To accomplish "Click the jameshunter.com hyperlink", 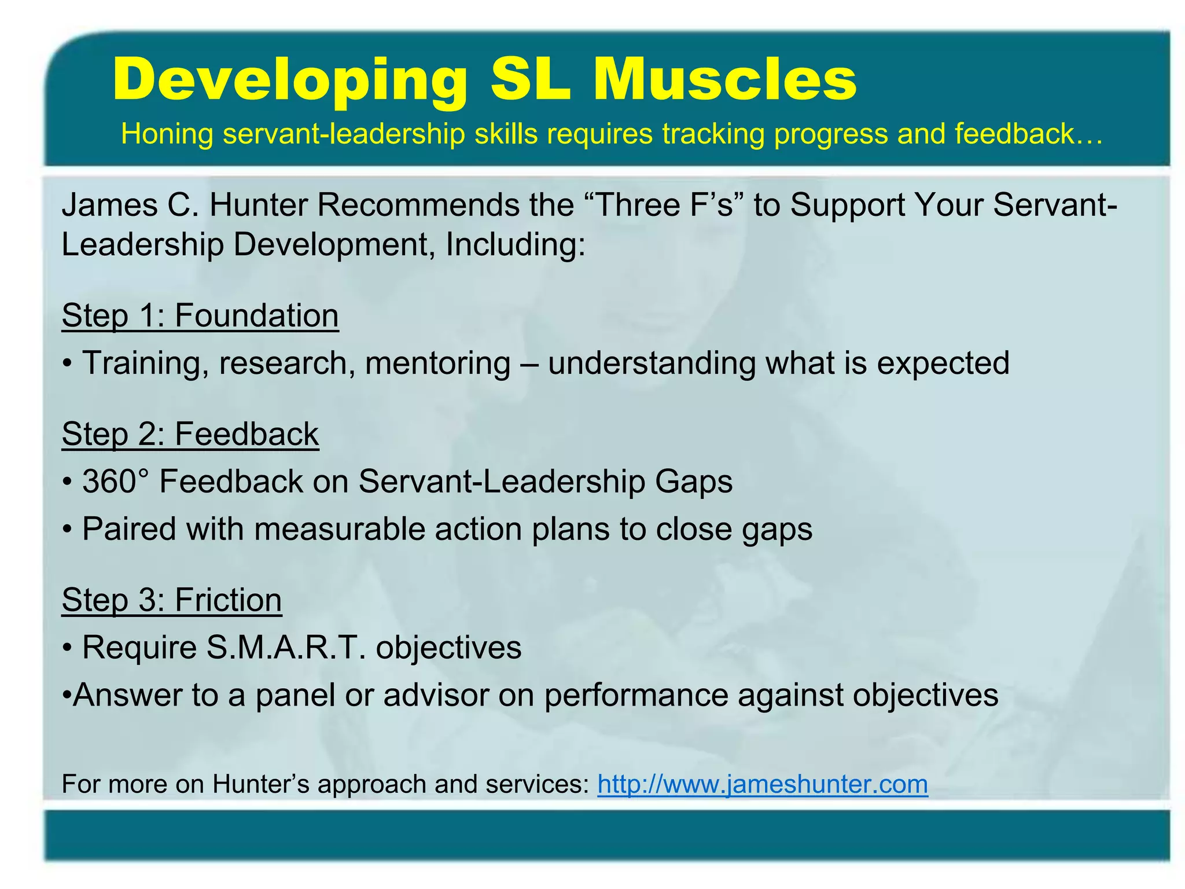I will (763, 784).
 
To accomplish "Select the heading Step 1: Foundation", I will (200, 316).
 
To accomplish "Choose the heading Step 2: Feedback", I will (190, 434).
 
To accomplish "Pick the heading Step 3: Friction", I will (172, 600).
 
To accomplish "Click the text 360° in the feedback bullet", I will (115, 482).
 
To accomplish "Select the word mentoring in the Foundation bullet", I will (438, 363).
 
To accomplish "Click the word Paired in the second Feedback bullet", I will (129, 529).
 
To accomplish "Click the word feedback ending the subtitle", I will (1027, 134).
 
